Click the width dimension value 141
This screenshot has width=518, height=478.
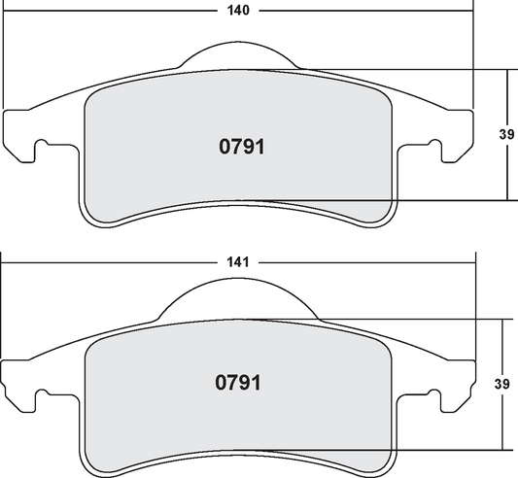coord(239,262)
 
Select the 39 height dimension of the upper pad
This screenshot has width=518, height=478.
coord(505,135)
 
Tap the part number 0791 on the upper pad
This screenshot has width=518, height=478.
coord(239,148)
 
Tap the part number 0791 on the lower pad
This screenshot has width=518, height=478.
coord(239,383)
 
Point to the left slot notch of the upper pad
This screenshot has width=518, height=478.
coord(42,151)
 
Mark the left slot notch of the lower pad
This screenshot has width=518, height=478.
coord(42,398)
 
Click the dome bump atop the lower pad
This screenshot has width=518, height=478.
coord(239,299)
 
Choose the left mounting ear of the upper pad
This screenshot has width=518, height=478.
coord(21,136)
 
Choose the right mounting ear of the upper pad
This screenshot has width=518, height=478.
coord(457,136)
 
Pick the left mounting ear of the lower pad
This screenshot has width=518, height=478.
coord(21,384)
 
